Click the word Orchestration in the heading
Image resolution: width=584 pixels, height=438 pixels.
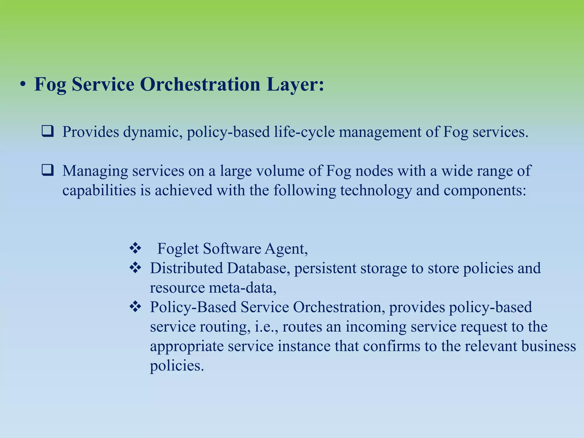click(x=200, y=84)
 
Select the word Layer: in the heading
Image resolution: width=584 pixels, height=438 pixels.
click(x=295, y=84)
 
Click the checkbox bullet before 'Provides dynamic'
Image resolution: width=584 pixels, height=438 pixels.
click(x=47, y=131)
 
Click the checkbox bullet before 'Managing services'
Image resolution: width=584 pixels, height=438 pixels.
click(x=47, y=171)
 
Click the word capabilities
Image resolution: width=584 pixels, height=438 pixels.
click(x=99, y=190)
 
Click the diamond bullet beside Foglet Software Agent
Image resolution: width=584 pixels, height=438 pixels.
click(x=135, y=248)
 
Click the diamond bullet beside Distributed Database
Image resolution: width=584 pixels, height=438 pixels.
click(x=135, y=268)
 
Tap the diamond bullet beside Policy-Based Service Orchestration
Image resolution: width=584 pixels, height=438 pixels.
click(x=135, y=307)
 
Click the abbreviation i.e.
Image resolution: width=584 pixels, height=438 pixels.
click(x=266, y=327)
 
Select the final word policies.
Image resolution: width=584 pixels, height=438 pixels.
click(x=177, y=365)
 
